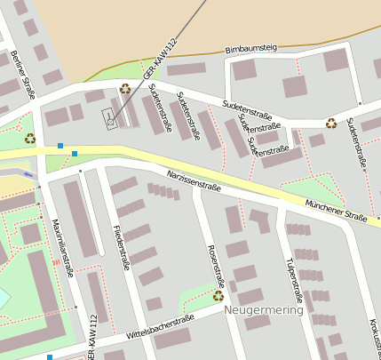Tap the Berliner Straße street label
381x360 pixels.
(23, 75)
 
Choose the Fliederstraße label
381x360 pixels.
(122, 247)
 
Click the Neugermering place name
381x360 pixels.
(264, 310)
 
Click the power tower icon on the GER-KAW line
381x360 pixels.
(109, 118)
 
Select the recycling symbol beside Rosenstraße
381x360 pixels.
(218, 296)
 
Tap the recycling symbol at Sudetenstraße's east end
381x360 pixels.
(331, 124)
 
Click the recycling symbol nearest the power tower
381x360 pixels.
(124, 89)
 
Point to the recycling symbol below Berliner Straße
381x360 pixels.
(30, 138)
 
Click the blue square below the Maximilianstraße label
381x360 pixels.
(50, 356)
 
